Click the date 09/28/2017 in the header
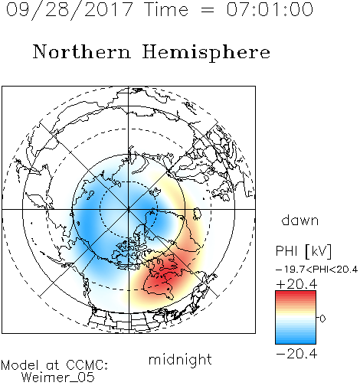(70, 10)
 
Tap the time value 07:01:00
(270, 9)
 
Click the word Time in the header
(166, 9)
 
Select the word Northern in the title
(82, 51)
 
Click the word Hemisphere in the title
(206, 53)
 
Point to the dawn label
(300, 221)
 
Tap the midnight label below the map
(180, 360)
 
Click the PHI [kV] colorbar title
(304, 251)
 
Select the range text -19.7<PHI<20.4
(317, 270)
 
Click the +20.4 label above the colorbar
(296, 284)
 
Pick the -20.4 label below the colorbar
(296, 354)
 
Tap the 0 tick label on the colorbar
(322, 319)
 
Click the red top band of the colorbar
(296, 295)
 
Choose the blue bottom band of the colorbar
(296, 339)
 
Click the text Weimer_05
(58, 378)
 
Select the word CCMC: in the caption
(87, 365)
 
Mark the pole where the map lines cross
(129, 209)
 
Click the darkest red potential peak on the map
(162, 276)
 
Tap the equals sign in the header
(208, 11)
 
